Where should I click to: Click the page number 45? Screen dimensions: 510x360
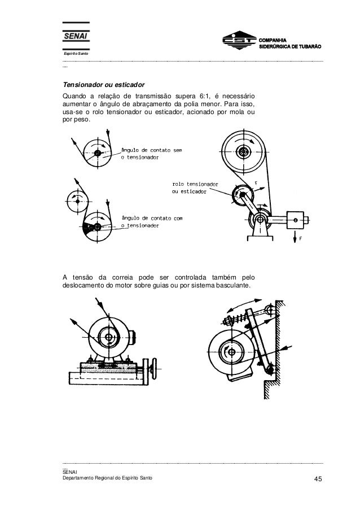317,480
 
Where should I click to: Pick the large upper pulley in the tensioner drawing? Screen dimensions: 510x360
244,152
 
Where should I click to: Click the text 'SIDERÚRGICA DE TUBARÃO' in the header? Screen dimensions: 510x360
290,46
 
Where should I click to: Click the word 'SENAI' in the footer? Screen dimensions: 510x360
71,472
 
